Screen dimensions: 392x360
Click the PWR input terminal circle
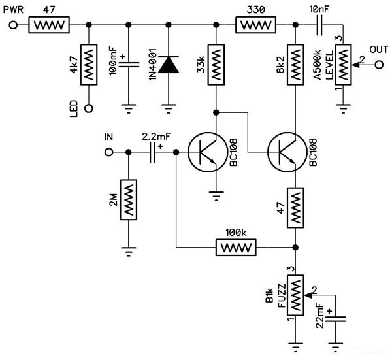13,25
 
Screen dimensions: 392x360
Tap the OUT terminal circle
379,65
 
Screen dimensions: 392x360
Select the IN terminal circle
108,152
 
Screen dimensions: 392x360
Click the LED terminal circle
89,108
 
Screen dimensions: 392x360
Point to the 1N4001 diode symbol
169,65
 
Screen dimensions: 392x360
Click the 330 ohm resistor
255,25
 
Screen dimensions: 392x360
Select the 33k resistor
216,65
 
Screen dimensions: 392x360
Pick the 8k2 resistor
295,65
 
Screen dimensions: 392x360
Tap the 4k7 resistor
89,65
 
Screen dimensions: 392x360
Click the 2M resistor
129,200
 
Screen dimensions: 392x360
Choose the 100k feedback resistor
236,248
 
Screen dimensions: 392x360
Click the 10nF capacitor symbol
319,25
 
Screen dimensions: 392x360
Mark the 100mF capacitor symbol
129,65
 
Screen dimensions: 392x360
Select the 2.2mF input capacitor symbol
152,152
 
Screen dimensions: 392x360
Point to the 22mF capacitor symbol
336,319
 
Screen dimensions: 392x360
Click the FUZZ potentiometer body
295,295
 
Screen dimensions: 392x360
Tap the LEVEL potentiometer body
343,65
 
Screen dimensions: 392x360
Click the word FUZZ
282,295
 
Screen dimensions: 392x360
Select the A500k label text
318,65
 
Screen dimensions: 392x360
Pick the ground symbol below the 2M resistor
129,252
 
